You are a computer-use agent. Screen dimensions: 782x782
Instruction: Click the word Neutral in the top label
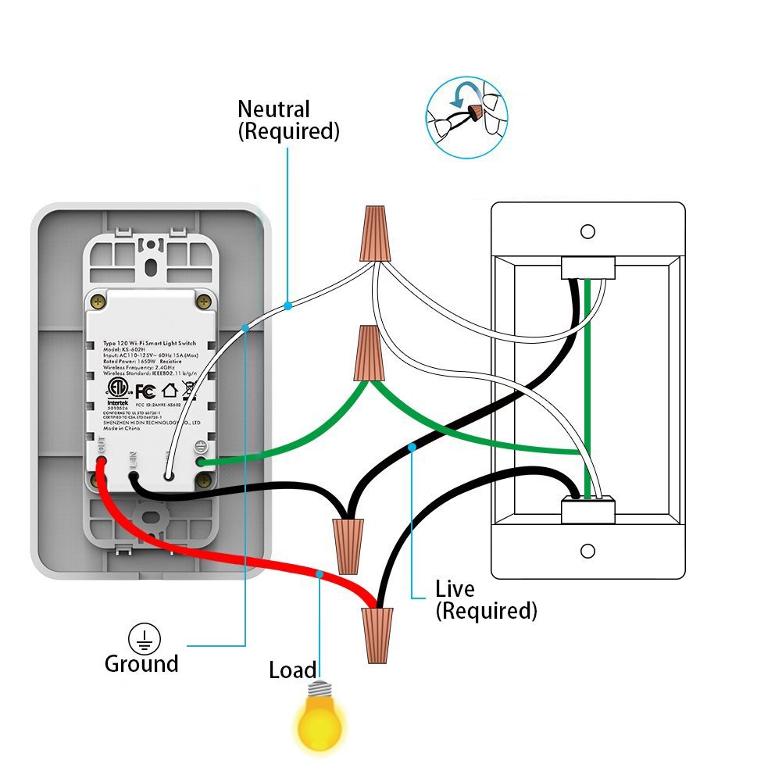[273, 109]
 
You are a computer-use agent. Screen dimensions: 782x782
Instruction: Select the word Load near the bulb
[292, 670]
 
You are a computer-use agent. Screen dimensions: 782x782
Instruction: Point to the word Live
[455, 588]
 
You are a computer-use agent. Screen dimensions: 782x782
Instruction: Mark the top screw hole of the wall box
[587, 231]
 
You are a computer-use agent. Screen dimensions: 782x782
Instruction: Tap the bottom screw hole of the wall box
[587, 551]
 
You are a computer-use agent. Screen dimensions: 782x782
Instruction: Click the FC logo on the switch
[145, 391]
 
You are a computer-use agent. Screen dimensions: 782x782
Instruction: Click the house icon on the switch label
[170, 390]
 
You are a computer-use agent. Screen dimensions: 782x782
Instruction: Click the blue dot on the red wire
[319, 574]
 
